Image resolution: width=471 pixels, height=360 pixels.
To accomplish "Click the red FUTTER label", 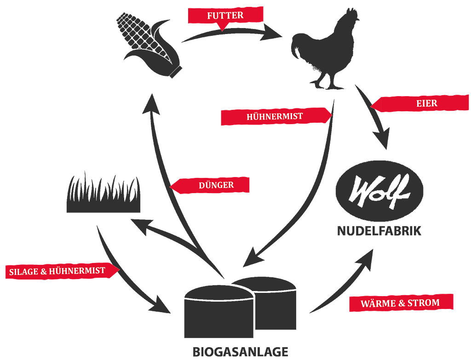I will click(225, 16).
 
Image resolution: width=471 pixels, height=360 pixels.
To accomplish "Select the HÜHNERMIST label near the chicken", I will click(275, 116).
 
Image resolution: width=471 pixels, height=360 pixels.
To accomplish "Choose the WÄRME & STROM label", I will click(400, 303).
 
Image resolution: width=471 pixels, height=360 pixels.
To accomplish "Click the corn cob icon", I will click(149, 44).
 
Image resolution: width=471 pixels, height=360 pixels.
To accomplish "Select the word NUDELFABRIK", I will click(379, 230).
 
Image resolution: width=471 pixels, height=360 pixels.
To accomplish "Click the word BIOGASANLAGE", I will click(241, 352).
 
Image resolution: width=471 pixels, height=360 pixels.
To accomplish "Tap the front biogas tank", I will click(218, 313).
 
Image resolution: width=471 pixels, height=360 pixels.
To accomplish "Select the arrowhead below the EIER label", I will click(383, 138).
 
